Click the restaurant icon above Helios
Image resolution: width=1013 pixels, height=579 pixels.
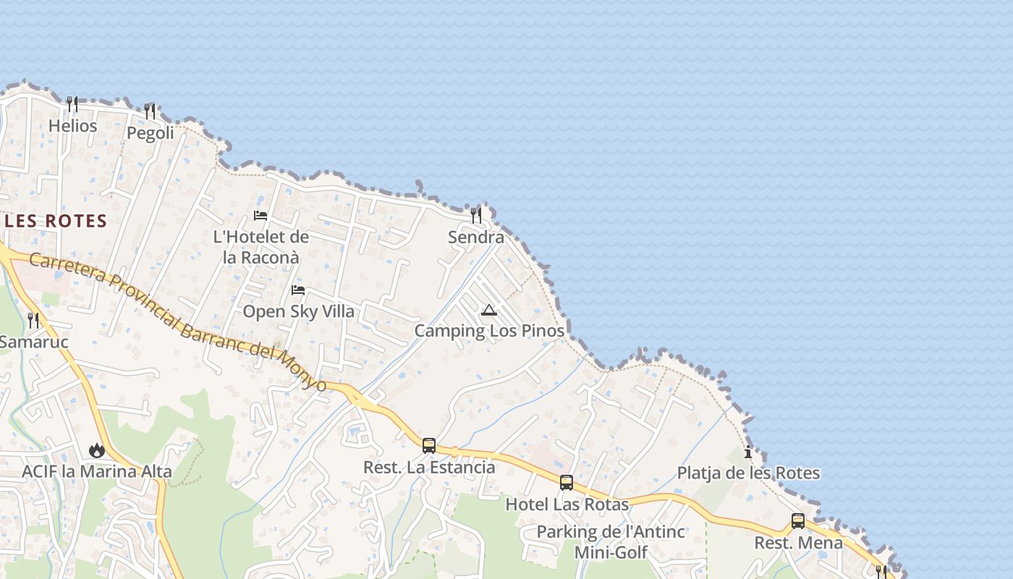[72, 104]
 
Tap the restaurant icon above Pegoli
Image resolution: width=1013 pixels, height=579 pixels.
[150, 111]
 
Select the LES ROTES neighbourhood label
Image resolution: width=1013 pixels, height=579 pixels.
[56, 221]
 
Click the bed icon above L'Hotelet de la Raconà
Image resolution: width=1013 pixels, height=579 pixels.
[260, 216]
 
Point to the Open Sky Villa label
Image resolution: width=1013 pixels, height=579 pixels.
[299, 312]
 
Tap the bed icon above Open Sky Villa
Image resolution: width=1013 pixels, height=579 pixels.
[297, 290]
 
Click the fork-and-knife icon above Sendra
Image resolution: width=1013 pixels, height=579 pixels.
[475, 216]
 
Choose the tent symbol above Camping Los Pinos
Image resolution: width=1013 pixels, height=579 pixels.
[489, 310]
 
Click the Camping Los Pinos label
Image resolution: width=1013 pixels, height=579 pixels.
[489, 331]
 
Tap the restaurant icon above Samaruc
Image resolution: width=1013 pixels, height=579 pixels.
[33, 320]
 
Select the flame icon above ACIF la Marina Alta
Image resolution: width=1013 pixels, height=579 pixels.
[96, 451]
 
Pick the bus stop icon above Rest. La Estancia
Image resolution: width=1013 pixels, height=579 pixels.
[429, 446]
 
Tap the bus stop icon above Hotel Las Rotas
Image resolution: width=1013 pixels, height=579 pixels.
[567, 483]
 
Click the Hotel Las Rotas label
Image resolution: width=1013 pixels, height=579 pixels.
[567, 504]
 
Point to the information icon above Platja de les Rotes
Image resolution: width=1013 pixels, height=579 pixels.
[748, 453]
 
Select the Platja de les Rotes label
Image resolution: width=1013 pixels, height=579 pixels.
[748, 474]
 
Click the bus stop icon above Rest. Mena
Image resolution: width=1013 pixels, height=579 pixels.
[798, 521]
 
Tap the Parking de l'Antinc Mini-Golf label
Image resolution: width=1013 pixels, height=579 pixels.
[611, 542]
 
